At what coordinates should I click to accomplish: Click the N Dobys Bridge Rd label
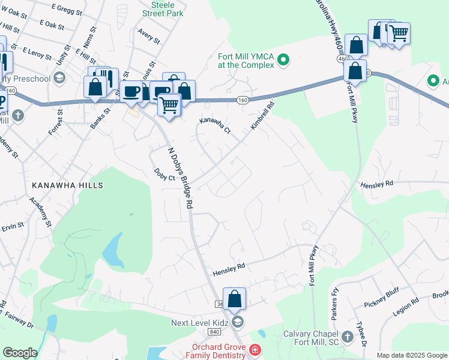pyautogui.click(x=179, y=178)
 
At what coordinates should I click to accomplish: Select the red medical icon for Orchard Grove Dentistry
pyautogui.click(x=255, y=349)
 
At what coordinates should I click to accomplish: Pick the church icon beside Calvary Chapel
pyautogui.click(x=348, y=335)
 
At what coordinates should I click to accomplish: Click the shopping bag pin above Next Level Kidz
pyautogui.click(x=234, y=298)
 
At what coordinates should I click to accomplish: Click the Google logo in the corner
pyautogui.click(x=20, y=353)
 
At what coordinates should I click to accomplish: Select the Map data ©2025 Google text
pyautogui.click(x=411, y=355)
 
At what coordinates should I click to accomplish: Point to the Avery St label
pyautogui.click(x=149, y=35)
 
